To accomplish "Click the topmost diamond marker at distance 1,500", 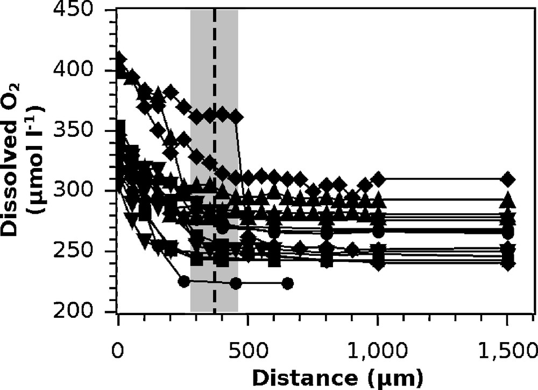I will (x=508, y=179).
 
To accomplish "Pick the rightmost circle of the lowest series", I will (x=288, y=283).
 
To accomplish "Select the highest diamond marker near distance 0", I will (x=120, y=58).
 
